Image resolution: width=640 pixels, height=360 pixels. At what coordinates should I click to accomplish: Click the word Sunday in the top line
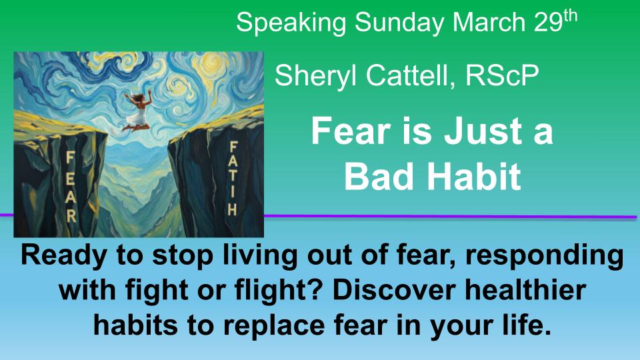tap(399, 23)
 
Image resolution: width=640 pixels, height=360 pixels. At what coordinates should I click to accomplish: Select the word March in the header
tap(489, 22)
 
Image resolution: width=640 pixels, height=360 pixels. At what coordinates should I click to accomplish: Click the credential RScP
tap(502, 75)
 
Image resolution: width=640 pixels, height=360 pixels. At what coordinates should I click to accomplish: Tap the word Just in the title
tap(478, 131)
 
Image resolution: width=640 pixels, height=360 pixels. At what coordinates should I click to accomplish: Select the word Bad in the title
tap(379, 176)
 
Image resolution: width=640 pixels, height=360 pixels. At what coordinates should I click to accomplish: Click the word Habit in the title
tap(474, 176)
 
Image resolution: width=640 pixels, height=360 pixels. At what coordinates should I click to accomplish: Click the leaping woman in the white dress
tap(137, 111)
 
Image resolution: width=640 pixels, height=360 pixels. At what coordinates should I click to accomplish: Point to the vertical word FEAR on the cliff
tap(70, 187)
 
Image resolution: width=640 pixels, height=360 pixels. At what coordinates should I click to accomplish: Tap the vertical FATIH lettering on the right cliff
tap(233, 179)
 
